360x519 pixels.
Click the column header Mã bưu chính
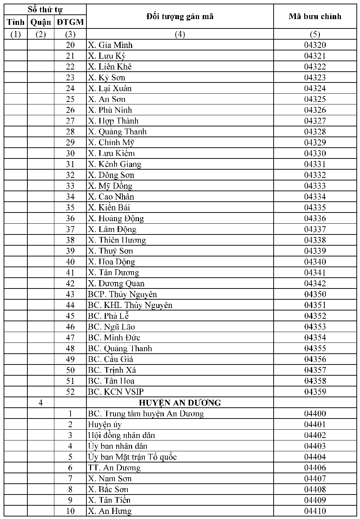point(315,16)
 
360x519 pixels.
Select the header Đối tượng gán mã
point(180,16)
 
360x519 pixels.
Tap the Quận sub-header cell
point(41,22)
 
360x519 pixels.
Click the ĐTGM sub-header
point(70,22)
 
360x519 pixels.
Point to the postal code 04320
point(315,45)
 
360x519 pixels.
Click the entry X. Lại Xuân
point(110,88)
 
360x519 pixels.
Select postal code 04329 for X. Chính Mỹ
point(315,143)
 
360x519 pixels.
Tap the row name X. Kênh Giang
point(114,164)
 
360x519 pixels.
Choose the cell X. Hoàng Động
point(116,218)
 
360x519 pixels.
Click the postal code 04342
point(315,283)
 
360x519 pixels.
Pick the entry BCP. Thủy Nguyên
point(122,294)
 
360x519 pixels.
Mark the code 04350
point(315,294)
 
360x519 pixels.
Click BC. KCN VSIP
point(116,392)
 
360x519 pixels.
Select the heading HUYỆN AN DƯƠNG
point(180,403)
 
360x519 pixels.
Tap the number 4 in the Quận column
point(41,403)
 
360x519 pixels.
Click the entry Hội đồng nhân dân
point(121,435)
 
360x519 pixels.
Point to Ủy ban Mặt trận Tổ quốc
point(132,457)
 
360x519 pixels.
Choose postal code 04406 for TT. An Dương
point(315,467)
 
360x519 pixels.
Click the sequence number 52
point(70,392)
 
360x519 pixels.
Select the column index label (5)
point(315,34)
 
